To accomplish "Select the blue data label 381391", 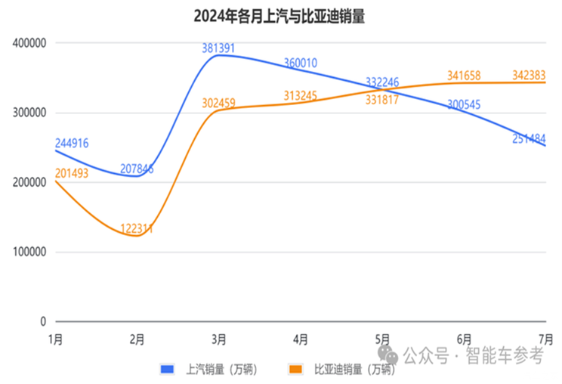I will (218, 48).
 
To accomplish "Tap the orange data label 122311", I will (137, 228).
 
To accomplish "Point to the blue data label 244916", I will (71, 143).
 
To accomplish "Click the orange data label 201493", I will (71, 173).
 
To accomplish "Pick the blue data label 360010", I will (301, 63).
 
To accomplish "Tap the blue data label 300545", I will (465, 105).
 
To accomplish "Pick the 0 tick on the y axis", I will (43, 321).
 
